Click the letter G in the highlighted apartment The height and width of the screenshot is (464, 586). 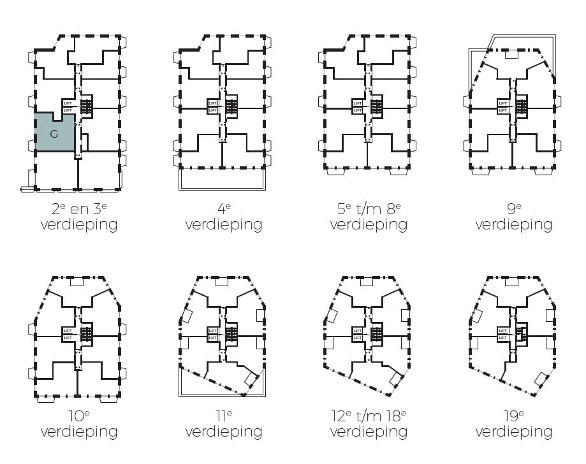tap(54, 134)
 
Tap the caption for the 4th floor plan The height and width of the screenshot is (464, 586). tap(223, 217)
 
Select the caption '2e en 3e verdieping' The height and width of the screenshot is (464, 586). tap(78, 217)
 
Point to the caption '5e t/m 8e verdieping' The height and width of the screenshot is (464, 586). tap(369, 217)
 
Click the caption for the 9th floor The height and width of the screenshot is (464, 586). tap(513, 217)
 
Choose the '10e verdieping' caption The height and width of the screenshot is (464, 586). tap(78, 424)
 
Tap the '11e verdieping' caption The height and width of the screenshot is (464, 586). tap(223, 424)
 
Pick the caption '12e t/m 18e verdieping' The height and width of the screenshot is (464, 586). tap(369, 424)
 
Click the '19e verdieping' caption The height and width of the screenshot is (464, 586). tap(513, 424)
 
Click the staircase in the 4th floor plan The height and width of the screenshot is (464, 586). tap(231, 106)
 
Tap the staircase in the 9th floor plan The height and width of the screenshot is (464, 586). tap(522, 106)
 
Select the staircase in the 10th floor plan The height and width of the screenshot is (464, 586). tap(87, 335)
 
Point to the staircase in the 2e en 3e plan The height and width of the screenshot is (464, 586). tap(87, 106)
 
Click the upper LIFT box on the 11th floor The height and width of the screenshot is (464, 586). tap(213, 331)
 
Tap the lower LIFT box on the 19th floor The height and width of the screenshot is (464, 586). tap(503, 338)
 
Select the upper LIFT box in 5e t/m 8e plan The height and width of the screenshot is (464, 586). tap(358, 103)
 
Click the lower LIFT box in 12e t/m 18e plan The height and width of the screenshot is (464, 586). tap(358, 338)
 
